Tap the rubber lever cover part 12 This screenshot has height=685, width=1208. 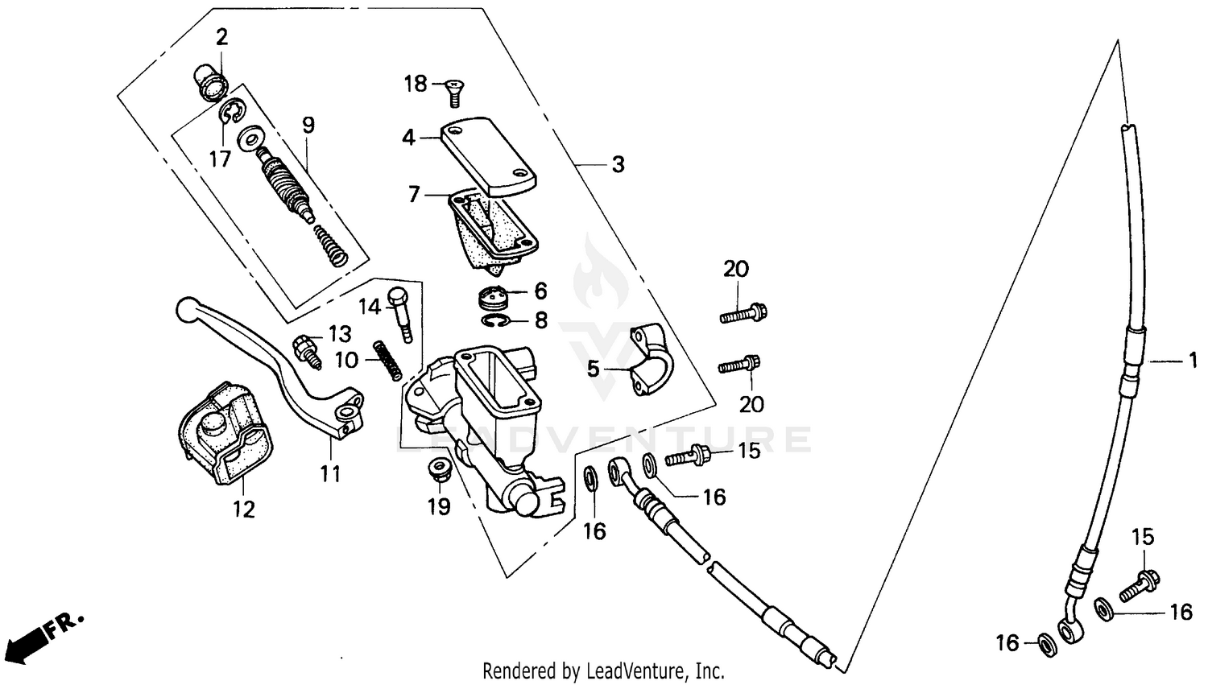[x=224, y=435]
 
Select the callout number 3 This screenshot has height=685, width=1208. [x=618, y=164]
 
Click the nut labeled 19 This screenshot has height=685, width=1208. [x=440, y=470]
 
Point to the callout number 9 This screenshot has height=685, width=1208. [x=308, y=125]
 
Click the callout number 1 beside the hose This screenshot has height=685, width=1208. [x=1193, y=361]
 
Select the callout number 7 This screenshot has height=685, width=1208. [x=414, y=195]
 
